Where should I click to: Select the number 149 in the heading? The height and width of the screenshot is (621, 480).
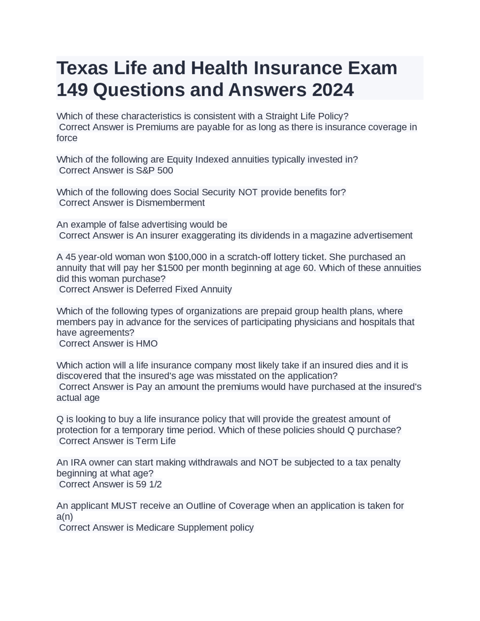[x=72, y=90]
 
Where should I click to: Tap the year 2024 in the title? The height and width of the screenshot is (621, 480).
[x=332, y=90]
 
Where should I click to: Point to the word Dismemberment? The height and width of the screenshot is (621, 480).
[x=170, y=203]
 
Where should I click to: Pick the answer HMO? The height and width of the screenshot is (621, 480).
[x=147, y=343]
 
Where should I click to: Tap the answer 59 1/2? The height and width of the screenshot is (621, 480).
[x=148, y=484]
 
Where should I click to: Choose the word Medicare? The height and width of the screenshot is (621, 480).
[x=155, y=528]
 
